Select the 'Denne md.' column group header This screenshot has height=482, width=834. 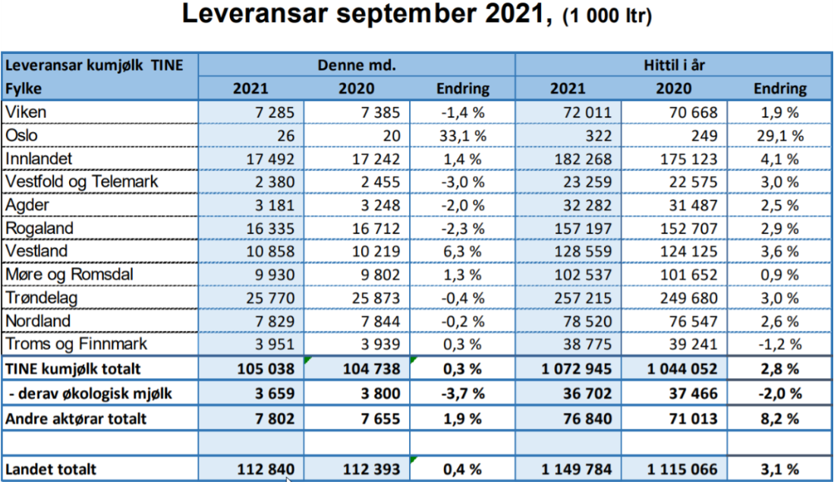point(357,65)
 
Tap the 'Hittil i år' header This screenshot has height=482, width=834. point(675,65)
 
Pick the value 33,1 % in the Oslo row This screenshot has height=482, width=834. point(463,135)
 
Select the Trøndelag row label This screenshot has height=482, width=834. point(41,298)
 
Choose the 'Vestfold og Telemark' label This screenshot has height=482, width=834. point(82,181)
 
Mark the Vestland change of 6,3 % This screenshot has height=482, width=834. point(463,251)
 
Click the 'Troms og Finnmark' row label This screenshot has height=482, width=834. point(76,344)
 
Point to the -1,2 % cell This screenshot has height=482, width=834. point(779,344)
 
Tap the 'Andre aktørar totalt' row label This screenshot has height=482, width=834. point(76,417)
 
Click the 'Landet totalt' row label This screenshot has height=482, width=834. point(51,469)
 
